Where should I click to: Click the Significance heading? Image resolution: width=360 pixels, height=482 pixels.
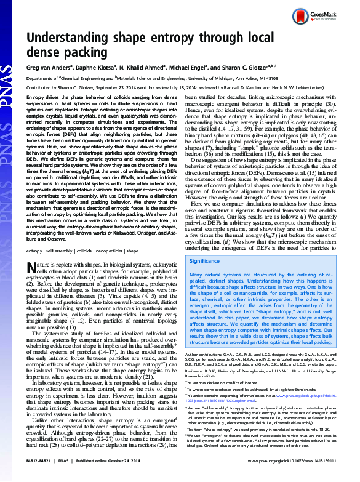coord(209,278)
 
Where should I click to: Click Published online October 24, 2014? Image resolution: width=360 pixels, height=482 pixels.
coord(104,476)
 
